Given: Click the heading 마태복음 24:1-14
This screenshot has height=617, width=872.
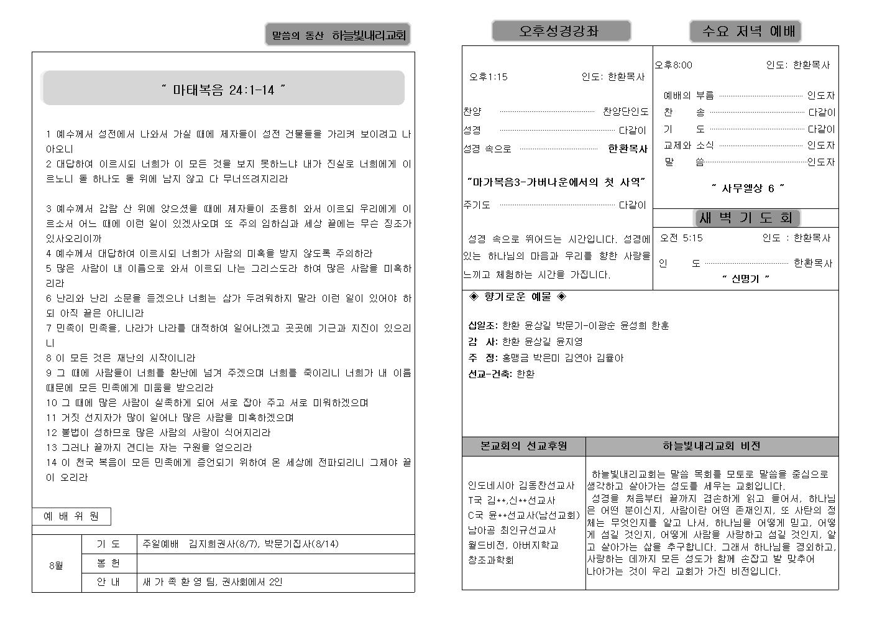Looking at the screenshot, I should click(223, 90).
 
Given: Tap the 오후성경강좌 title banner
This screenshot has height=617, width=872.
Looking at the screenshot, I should click(561, 31).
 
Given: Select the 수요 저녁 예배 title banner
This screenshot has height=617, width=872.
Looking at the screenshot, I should click(745, 31).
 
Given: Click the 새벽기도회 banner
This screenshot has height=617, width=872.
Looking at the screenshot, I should click(746, 218).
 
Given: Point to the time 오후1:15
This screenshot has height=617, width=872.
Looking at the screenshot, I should click(488, 77).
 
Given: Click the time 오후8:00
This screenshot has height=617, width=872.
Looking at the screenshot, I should click(673, 65).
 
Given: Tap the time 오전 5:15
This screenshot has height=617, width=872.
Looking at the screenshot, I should click(681, 238).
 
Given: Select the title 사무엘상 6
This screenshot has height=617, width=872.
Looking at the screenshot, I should click(748, 188).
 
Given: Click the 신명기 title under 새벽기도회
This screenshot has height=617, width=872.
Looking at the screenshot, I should click(745, 279).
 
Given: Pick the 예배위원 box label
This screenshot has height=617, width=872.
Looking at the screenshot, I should click(71, 516).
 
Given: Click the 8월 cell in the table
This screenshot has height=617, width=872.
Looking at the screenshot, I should click(56, 565).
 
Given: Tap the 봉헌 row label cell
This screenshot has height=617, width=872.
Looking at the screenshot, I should click(108, 563).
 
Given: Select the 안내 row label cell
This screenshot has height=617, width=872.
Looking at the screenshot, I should click(108, 582).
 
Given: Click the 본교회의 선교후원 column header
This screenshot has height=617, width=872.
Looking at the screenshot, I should click(523, 446).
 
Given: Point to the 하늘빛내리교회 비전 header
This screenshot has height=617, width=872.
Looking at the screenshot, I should click(711, 446).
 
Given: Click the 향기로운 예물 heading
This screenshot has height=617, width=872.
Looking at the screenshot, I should click(517, 297).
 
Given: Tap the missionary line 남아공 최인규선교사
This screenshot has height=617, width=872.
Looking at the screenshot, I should click(512, 531).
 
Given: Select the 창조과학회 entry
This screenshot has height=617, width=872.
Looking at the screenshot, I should click(491, 560).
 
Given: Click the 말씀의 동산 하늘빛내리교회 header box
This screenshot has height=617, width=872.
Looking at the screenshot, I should click(338, 35).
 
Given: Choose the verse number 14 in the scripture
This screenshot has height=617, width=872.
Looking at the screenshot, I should click(51, 462).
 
